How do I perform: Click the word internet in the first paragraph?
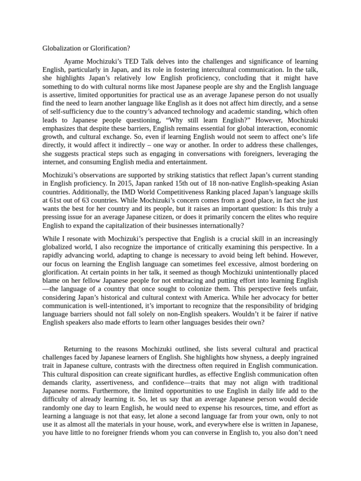(55, 162)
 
